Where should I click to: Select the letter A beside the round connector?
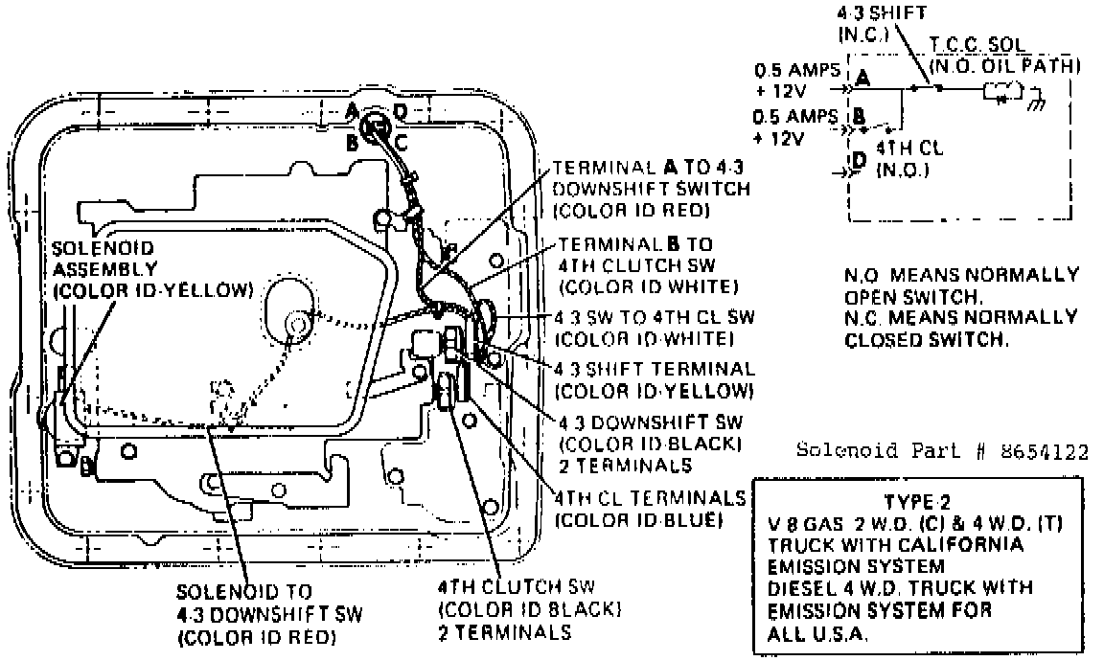pos(354,112)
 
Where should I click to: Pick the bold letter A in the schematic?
pos(862,77)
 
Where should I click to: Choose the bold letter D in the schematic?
pos(859,159)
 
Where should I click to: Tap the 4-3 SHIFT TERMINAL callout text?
pos(655,368)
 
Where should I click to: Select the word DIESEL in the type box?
pos(799,588)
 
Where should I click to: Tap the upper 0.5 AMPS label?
pos(796,71)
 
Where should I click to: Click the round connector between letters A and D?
pos(376,126)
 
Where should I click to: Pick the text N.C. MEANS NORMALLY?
pos(961,316)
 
